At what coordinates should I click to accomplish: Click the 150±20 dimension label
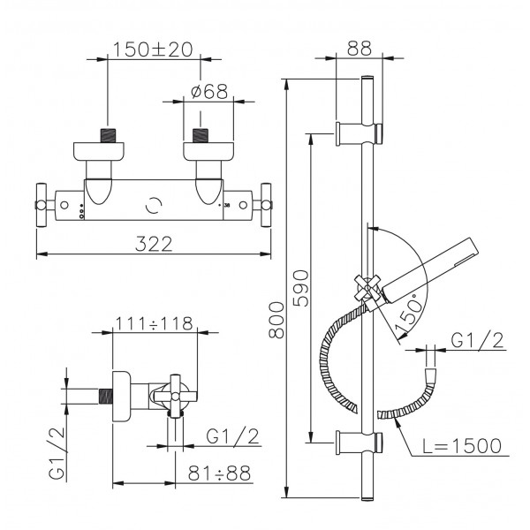[153, 49]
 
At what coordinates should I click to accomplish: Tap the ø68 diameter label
[209, 91]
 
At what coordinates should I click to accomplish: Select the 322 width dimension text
[154, 244]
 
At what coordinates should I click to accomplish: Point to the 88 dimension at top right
[360, 48]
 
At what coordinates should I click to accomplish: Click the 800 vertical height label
[276, 321]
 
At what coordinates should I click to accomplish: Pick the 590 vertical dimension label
[301, 288]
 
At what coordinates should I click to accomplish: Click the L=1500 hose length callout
[462, 445]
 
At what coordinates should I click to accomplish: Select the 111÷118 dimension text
[154, 323]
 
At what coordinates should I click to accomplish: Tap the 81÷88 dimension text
[219, 473]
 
